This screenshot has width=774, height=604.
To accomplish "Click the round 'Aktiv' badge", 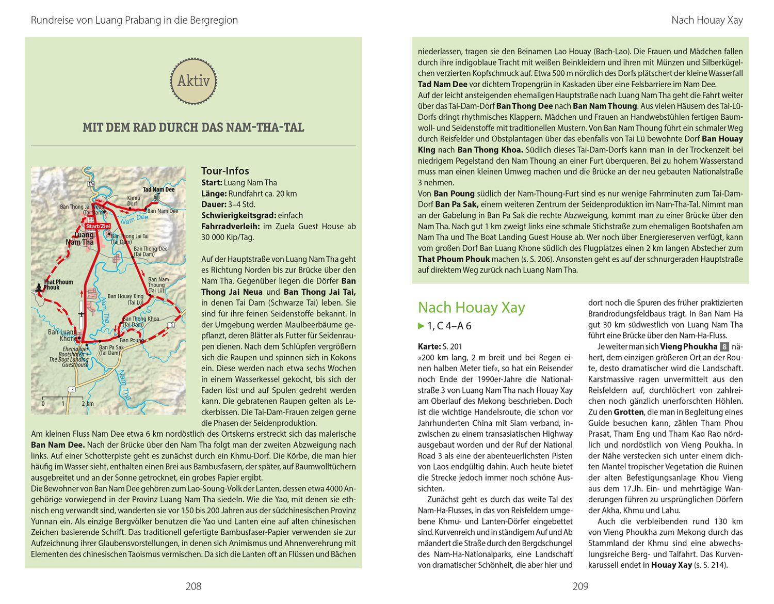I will pyautogui.click(x=193, y=81).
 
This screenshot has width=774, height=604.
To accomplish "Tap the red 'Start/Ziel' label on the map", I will pyautogui.click(x=98, y=226).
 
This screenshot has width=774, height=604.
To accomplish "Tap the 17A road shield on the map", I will pyautogui.click(x=91, y=184).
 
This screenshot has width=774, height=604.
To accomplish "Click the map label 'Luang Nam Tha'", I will pyautogui.click(x=80, y=239).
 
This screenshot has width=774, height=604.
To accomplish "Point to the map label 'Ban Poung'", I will pyautogui.click(x=132, y=340).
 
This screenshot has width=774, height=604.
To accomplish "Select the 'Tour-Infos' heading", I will pyautogui.click(x=225, y=171).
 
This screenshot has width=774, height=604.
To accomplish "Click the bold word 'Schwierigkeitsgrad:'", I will pyautogui.click(x=230, y=215).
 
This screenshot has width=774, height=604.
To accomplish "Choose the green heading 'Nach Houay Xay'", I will pyautogui.click(x=471, y=308).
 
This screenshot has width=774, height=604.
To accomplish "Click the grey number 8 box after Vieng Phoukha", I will pyautogui.click(x=724, y=347).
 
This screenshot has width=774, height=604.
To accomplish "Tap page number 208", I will pyautogui.click(x=193, y=586).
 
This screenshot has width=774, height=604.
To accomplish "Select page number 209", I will pyautogui.click(x=580, y=586).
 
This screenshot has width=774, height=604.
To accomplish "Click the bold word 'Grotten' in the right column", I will pyautogui.click(x=628, y=412).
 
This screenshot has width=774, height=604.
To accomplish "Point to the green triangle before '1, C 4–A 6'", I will pyautogui.click(x=421, y=326).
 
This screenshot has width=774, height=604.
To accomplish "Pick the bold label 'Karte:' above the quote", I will pyautogui.click(x=429, y=346).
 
